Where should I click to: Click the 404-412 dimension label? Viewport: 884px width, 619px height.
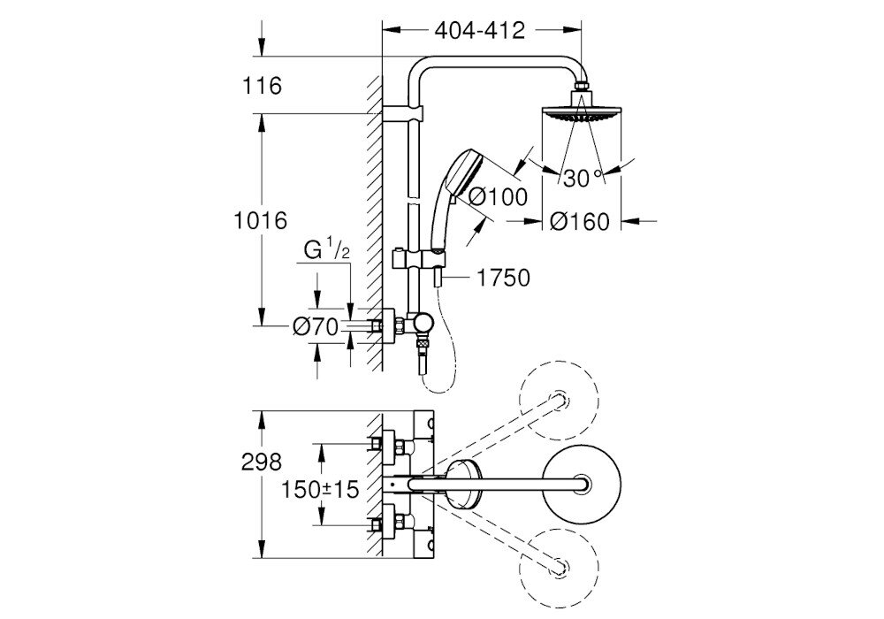click(x=481, y=31)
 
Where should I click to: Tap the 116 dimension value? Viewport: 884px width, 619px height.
click(x=263, y=86)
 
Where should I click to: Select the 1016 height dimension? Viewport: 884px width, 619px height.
click(x=263, y=220)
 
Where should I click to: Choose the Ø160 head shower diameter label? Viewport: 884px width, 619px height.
click(x=580, y=222)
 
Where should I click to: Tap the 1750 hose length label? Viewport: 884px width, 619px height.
click(x=503, y=279)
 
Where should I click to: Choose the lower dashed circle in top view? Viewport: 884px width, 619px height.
click(x=560, y=564)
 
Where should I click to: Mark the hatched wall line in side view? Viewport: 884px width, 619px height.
click(x=374, y=221)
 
